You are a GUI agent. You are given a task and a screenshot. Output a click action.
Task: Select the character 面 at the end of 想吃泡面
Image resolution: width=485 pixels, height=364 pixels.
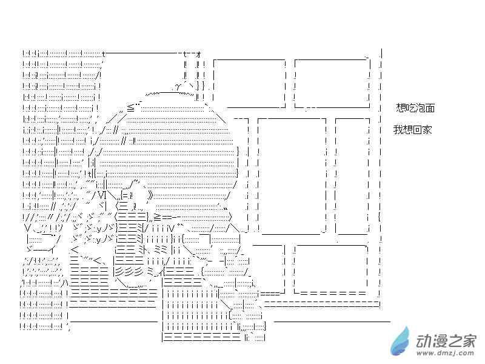tap(430, 108)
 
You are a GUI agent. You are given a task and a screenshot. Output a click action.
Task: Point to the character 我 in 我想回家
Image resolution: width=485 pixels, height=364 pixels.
tap(398, 129)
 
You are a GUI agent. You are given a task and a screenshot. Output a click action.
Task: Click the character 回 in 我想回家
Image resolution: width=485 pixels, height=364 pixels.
tap(417, 129)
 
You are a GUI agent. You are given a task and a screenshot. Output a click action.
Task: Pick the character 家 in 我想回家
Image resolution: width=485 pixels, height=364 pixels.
tap(427, 129)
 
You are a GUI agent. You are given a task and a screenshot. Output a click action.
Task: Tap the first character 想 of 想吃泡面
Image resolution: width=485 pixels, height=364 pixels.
tap(401, 108)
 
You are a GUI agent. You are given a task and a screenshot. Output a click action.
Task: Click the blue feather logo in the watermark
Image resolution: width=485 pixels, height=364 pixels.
tap(400, 342)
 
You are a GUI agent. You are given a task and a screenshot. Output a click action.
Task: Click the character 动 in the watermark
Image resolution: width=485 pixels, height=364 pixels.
tap(423, 342)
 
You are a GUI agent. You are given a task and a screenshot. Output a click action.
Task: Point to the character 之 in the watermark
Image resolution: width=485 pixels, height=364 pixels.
tap(453, 342)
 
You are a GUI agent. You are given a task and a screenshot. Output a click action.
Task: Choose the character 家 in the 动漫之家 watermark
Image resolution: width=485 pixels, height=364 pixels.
tap(467, 342)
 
